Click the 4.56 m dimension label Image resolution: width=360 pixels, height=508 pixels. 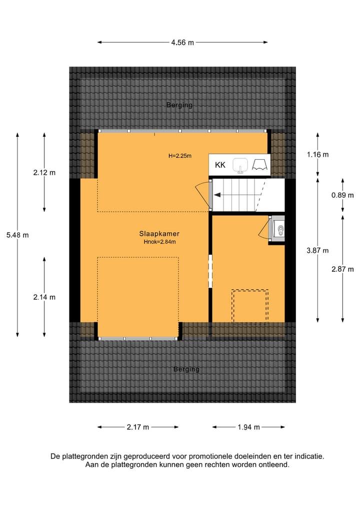tap(182, 42)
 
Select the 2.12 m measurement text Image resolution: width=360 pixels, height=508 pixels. tap(44, 173)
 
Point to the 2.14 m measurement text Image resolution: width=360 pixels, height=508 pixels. tap(44, 297)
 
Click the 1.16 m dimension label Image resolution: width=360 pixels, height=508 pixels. tap(318, 154)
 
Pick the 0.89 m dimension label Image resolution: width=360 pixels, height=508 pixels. tap(342, 195)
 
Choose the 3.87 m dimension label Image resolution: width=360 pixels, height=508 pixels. tap(318, 250)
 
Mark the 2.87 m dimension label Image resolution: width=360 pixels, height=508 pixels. tap(342, 269)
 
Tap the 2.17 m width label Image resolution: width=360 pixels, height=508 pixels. tap(138, 427)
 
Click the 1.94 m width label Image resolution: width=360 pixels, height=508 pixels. tap(249, 427)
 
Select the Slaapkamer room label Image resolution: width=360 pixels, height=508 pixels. tap(159, 233)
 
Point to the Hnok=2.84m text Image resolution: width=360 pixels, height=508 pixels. tap(159, 242)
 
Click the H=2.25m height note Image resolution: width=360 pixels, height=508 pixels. tap(180, 156)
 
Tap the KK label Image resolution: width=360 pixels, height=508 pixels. tap(220, 165)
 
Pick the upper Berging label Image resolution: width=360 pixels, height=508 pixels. tap(179, 105)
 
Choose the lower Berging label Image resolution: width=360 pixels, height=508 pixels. tap(186, 369)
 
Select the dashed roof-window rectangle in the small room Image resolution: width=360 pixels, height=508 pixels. tap(250, 306)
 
